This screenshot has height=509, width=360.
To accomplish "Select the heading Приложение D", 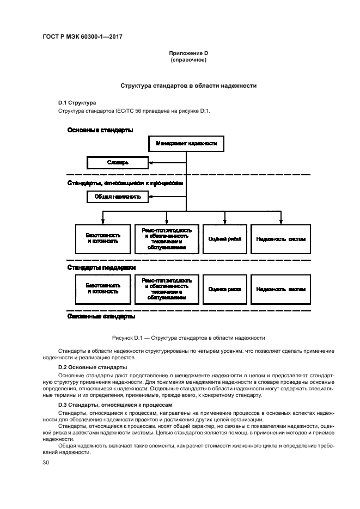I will tap(188, 53).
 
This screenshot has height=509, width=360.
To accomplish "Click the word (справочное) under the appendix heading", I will tap(188, 59).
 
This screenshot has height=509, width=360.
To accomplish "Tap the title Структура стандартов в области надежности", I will tap(188, 86).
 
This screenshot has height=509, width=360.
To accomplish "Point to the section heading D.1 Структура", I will tap(77, 102).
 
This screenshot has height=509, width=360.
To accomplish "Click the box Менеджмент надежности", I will tap(186, 144).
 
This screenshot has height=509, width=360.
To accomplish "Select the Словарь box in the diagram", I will tap(118, 162).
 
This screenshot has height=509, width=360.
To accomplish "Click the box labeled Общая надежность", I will tap(118, 197).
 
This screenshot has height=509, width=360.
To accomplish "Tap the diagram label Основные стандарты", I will tap(100, 130).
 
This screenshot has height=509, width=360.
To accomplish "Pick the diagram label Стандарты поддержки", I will tap(101, 267).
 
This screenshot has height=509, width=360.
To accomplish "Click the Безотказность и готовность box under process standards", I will tap(103, 239).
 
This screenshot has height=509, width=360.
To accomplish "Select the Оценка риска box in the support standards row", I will tap(224, 289).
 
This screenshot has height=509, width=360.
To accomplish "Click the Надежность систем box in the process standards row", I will tap(280, 239).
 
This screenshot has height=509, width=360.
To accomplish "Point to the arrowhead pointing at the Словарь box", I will tap(151, 162).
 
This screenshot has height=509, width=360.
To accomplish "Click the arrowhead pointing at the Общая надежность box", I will tap(151, 197).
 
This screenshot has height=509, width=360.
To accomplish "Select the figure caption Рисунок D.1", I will tap(188, 338).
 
